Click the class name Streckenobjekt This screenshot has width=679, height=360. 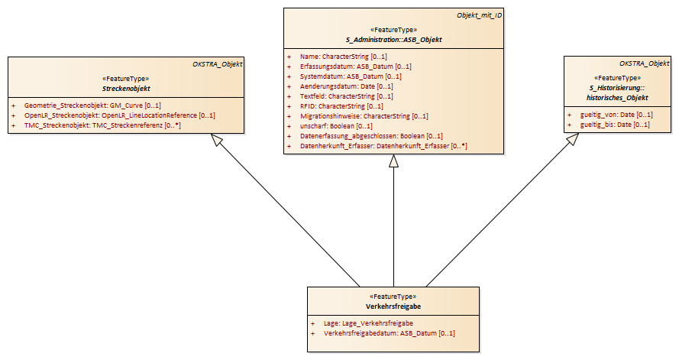click(126, 89)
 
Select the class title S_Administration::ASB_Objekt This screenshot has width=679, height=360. click(393, 40)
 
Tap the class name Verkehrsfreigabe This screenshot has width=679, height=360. click(393, 306)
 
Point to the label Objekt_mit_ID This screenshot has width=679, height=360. click(480, 15)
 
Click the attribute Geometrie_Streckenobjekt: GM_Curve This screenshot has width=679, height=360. click(92, 105)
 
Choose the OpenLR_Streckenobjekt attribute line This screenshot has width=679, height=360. click(119, 115)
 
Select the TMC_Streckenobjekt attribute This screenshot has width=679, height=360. click(102, 125)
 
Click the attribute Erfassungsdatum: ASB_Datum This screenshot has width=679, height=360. click(355, 66)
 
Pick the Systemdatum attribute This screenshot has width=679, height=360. click(351, 76)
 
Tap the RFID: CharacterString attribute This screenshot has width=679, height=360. click(341, 106)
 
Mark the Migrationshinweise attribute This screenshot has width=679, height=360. click(364, 116)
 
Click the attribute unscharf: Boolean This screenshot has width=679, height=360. click(336, 126)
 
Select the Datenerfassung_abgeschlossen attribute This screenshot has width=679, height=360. click(371, 136)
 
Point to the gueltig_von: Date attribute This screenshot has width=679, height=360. click(616, 115)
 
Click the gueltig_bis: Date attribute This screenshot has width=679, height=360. click(615, 125)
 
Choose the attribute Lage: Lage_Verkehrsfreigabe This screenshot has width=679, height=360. click(368, 323)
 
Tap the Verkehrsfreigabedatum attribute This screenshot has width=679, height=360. click(390, 333)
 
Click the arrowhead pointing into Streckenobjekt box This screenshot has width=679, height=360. click(216, 140)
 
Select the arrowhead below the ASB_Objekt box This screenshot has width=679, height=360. click(393, 161)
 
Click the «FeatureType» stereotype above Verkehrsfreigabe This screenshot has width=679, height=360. click(393, 297)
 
